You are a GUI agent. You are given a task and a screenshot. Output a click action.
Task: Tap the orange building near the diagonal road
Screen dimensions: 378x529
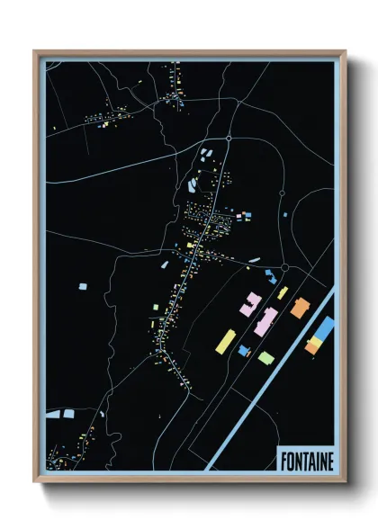[299, 308]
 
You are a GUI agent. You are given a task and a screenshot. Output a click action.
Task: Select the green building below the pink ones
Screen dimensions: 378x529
[265, 358]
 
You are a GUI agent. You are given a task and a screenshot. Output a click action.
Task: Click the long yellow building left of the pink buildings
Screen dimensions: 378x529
[228, 341]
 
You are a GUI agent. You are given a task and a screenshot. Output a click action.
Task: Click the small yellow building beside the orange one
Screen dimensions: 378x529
[282, 293]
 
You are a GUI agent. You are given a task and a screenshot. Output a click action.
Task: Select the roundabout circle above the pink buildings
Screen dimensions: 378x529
[284, 268]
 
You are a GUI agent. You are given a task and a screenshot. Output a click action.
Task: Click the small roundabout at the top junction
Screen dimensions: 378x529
[229, 139]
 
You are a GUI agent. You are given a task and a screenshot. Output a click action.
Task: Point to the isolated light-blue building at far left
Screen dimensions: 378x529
[83, 286]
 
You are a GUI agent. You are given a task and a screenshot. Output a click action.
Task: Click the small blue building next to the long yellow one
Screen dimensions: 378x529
[243, 350]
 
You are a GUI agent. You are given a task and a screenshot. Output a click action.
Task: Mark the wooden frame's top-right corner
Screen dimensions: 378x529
[345, 52]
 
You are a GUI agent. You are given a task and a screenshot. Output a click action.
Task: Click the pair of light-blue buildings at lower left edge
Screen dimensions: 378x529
[60, 414]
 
